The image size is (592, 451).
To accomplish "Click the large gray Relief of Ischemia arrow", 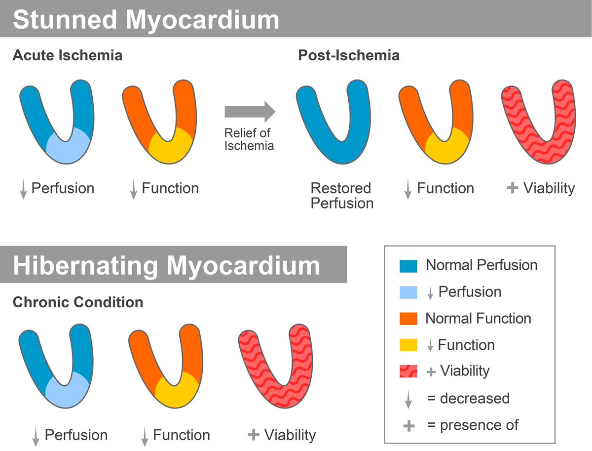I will [249, 112].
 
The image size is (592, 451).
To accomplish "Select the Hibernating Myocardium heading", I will [166, 266].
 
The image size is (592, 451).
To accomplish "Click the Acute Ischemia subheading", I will [67, 55].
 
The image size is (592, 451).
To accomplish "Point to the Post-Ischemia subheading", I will [348, 55].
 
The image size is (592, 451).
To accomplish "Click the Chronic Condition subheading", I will [77, 302].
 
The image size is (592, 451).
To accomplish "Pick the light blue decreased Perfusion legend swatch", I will [408, 292].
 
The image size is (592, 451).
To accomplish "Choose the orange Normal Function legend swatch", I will [408, 319].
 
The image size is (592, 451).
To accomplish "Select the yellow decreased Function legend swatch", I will [408, 345].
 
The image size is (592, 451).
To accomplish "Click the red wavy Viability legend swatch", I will [408, 371].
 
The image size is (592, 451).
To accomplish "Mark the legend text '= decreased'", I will [468, 398].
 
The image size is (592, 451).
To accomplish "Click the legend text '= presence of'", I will [473, 425].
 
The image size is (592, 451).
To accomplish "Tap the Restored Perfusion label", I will [341, 196].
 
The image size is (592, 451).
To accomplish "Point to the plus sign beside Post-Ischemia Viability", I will [513, 188].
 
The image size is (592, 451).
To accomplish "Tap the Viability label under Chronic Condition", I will [290, 435].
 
